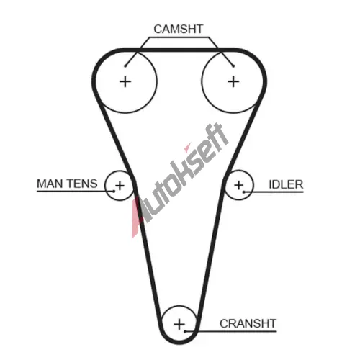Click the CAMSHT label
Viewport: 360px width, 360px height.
click(179, 29)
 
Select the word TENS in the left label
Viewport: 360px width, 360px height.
click(82, 184)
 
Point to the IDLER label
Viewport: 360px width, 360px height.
click(286, 184)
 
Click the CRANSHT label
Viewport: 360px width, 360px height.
click(248, 323)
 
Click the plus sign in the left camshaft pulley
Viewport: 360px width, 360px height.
click(125, 82)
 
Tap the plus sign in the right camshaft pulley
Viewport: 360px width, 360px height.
click(233, 82)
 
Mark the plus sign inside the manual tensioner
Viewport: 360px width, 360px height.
click(120, 186)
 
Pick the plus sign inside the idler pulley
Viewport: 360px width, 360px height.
click(239, 185)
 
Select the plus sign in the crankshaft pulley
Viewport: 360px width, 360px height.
click(179, 324)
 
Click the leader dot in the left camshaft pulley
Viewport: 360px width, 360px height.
click(125, 66)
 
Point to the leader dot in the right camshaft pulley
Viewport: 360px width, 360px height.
click(233, 66)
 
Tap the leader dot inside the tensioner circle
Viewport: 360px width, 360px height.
click(114, 192)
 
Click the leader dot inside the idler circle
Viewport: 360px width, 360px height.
click(244, 192)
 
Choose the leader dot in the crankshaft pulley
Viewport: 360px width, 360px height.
click(185, 331)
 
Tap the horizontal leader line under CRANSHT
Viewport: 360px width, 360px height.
click(230, 331)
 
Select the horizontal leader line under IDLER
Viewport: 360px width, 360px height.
click(274, 192)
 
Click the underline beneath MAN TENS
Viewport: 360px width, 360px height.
click(76, 192)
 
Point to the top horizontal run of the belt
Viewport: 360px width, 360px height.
click(179, 50)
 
